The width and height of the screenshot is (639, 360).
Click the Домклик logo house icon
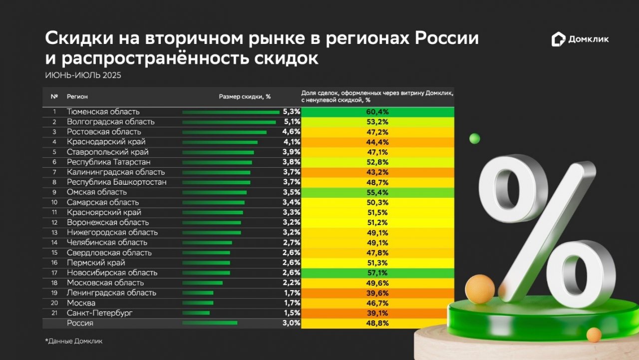(558, 39)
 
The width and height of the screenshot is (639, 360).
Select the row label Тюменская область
(103, 112)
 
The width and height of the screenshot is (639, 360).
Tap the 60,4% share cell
(378, 112)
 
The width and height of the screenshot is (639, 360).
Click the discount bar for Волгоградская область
(229, 122)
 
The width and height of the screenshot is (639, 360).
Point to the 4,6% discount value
(292, 132)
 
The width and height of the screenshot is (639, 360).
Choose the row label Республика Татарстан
(109, 162)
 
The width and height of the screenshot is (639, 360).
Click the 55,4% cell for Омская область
(378, 192)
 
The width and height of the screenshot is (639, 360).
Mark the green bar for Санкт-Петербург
(196, 313)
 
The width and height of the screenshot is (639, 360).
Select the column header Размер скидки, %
(245, 97)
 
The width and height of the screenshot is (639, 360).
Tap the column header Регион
(77, 97)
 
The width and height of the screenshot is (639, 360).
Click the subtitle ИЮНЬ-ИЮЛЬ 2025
(83, 75)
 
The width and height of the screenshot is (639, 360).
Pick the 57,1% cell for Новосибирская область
(378, 273)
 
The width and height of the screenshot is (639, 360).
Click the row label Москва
(81, 303)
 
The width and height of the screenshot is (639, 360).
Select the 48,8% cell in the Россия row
(378, 323)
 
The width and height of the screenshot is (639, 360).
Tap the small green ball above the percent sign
(474, 139)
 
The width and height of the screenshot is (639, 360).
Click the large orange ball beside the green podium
(480, 288)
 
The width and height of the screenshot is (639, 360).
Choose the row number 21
(54, 313)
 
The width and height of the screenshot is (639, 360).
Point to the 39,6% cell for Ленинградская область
(378, 293)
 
